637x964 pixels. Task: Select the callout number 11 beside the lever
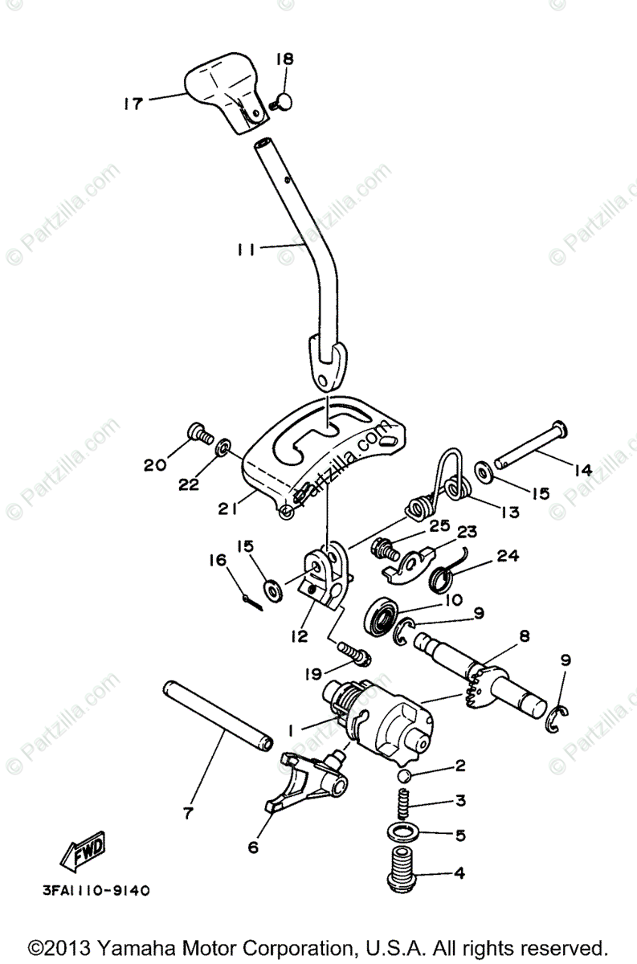click(x=247, y=250)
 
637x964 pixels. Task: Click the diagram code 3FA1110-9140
click(x=96, y=890)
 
